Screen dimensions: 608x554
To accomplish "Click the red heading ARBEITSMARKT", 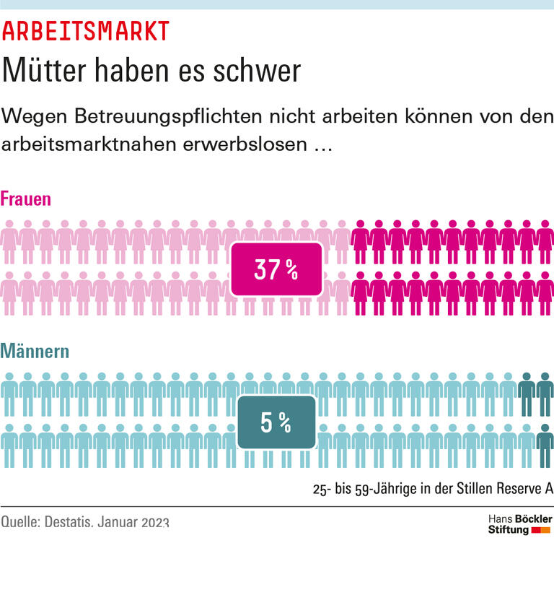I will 86,32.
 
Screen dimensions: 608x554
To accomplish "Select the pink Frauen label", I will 26,199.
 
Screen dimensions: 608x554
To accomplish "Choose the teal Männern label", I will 35,352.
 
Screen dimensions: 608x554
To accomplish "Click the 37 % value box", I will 276,270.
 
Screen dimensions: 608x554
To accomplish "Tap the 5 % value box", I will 276,422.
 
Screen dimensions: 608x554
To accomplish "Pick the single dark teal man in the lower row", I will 545,446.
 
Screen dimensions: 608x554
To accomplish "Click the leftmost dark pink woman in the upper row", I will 360,241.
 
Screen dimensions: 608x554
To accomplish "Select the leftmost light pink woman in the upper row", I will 9,241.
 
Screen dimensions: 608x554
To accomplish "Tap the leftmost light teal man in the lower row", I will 9,446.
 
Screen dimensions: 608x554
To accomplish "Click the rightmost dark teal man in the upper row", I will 545,394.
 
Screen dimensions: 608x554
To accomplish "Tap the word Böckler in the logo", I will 534,518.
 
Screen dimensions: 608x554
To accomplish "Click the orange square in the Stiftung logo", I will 546,531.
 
